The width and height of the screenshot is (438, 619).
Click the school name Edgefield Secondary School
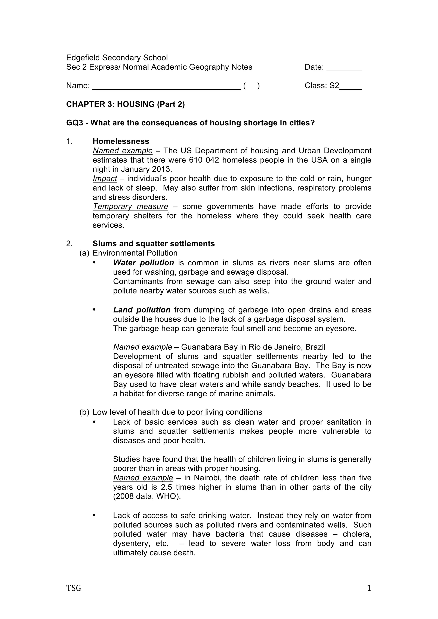click(117, 58)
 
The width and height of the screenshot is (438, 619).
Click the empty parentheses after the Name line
click(251, 86)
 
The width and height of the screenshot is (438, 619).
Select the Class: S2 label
click(322, 86)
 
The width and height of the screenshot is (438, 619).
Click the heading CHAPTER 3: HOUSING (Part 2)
click(126, 104)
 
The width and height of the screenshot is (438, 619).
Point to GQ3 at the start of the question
click(74, 123)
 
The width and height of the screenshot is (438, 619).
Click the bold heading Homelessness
click(121, 141)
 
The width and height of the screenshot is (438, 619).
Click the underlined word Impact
click(105, 179)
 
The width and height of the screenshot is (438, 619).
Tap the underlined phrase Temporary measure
click(130, 207)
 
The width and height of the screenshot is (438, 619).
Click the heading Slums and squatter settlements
click(154, 244)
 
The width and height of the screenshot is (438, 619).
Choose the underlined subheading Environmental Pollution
click(135, 253)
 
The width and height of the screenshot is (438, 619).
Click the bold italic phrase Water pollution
click(143, 263)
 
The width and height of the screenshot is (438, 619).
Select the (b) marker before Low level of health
click(84, 412)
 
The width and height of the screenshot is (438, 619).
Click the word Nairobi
click(207, 478)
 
